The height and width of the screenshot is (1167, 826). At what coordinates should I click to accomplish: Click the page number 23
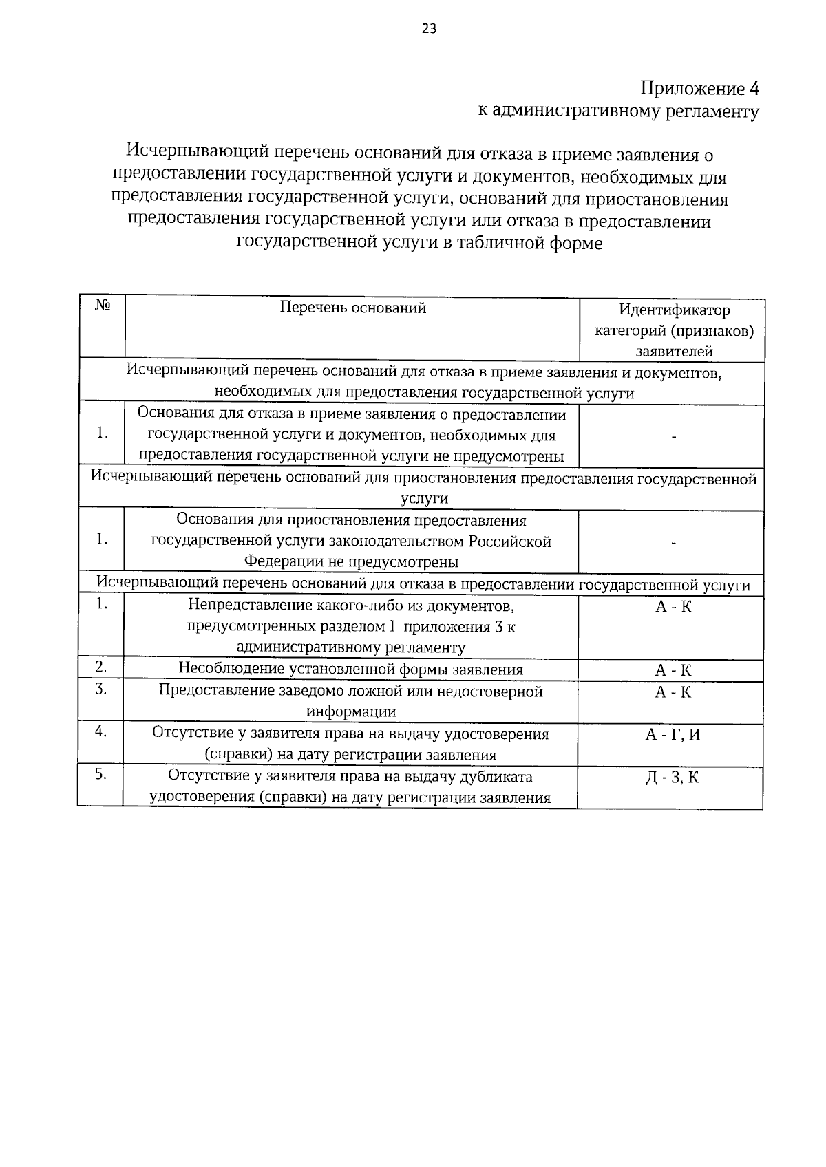[x=428, y=28]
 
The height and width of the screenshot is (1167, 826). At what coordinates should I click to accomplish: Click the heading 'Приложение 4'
[x=699, y=89]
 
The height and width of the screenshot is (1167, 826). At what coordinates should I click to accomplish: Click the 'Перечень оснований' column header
[x=352, y=308]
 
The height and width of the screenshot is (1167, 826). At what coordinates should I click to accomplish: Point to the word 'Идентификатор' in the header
[x=674, y=310]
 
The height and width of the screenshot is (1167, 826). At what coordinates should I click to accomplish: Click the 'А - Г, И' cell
[x=673, y=734]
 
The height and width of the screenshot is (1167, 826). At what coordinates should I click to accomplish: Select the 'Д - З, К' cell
[x=673, y=778]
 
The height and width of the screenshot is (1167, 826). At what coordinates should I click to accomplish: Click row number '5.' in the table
[x=100, y=774]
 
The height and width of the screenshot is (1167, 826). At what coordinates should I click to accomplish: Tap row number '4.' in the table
[x=100, y=731]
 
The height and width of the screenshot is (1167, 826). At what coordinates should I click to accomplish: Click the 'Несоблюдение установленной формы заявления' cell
[x=350, y=670]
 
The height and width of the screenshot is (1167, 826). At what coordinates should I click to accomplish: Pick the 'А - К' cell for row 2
[x=673, y=670]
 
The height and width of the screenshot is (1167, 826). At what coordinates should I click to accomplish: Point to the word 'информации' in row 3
[x=351, y=712]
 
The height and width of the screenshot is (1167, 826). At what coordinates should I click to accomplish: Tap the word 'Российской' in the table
[x=510, y=542]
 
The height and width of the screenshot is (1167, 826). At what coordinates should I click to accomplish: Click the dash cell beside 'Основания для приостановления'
[x=673, y=543]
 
